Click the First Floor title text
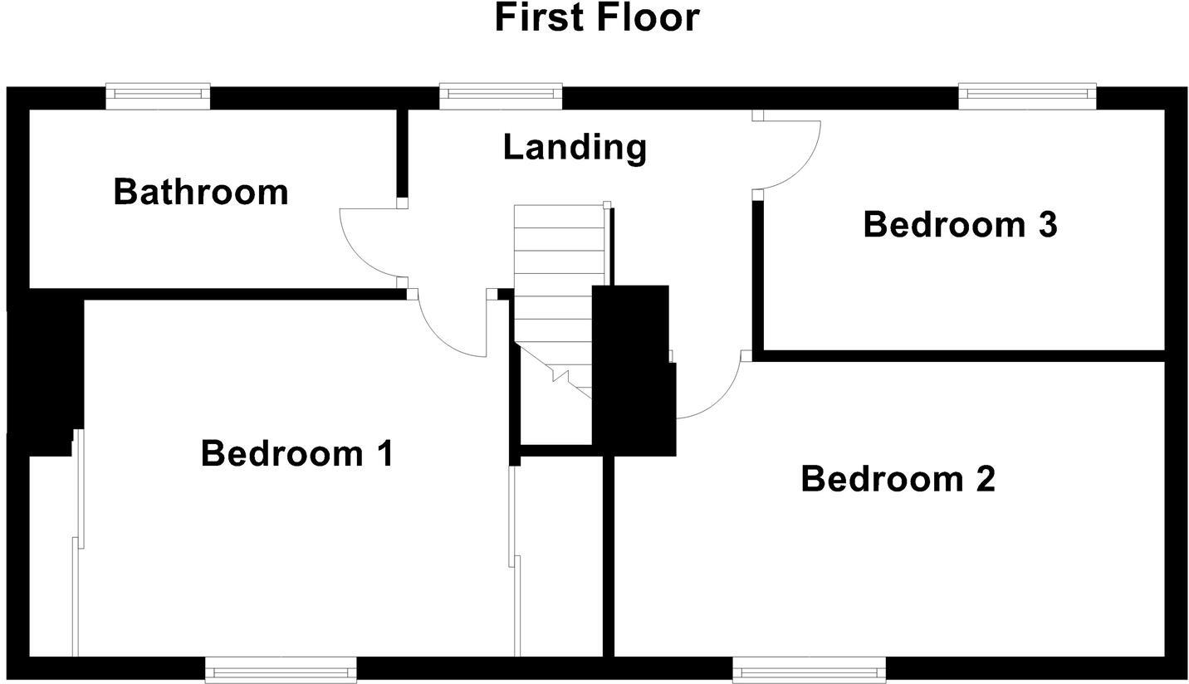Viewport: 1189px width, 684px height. (596, 18)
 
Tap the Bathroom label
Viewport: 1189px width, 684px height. (200, 192)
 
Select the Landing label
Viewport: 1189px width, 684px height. (575, 147)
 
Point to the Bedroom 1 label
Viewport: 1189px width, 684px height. (296, 454)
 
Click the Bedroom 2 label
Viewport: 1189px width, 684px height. (898, 480)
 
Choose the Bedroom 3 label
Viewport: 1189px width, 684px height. (960, 225)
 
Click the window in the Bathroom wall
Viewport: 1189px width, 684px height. (158, 96)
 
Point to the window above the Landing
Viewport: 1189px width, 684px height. (501, 96)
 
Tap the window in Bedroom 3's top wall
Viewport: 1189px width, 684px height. (1027, 96)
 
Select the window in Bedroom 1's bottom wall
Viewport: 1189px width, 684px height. (281, 669)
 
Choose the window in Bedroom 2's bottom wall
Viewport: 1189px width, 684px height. (809, 669)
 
